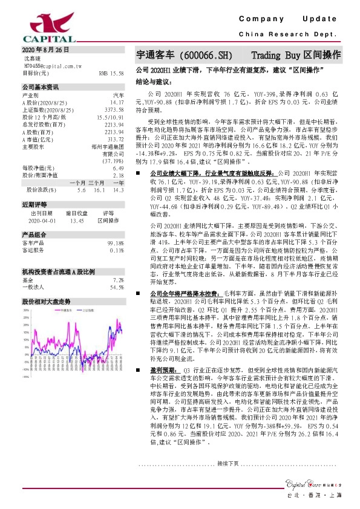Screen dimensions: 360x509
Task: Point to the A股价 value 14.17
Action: click(x=117, y=103)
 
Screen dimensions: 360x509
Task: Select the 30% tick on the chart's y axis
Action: click(x=27, y=311)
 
